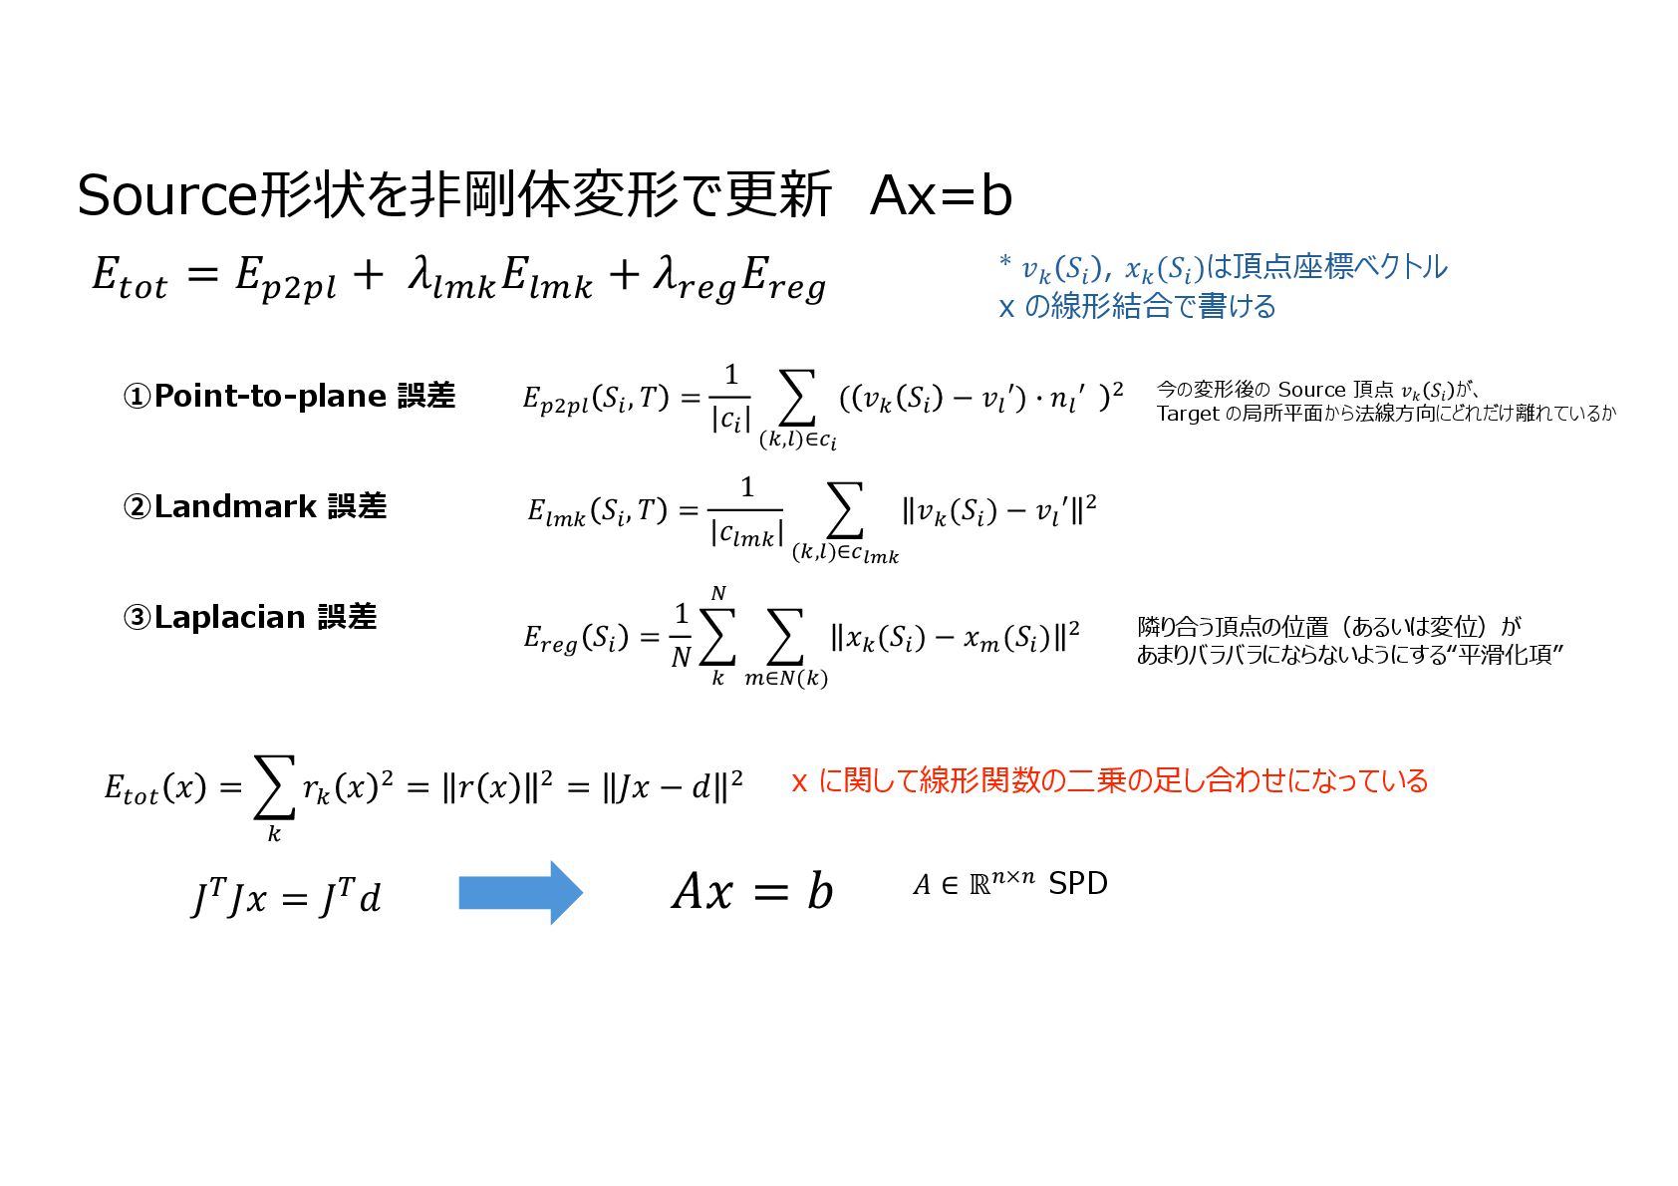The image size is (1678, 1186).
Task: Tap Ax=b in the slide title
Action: (x=941, y=195)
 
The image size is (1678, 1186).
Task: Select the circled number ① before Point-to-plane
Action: (x=137, y=397)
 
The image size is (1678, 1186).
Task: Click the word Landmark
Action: (x=235, y=507)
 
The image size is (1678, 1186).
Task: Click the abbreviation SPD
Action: (x=1077, y=884)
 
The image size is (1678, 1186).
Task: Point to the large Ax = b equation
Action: (x=752, y=891)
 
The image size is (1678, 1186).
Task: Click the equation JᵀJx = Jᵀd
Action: (x=286, y=898)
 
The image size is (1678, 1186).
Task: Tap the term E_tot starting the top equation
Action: (x=130, y=276)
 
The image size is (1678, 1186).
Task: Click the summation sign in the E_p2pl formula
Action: (x=796, y=399)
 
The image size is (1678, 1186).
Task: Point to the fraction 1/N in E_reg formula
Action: (x=681, y=635)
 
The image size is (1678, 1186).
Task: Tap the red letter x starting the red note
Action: (x=799, y=781)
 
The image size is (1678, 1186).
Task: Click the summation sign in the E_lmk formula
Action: (x=844, y=510)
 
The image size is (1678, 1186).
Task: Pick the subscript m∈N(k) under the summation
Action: (x=786, y=679)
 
